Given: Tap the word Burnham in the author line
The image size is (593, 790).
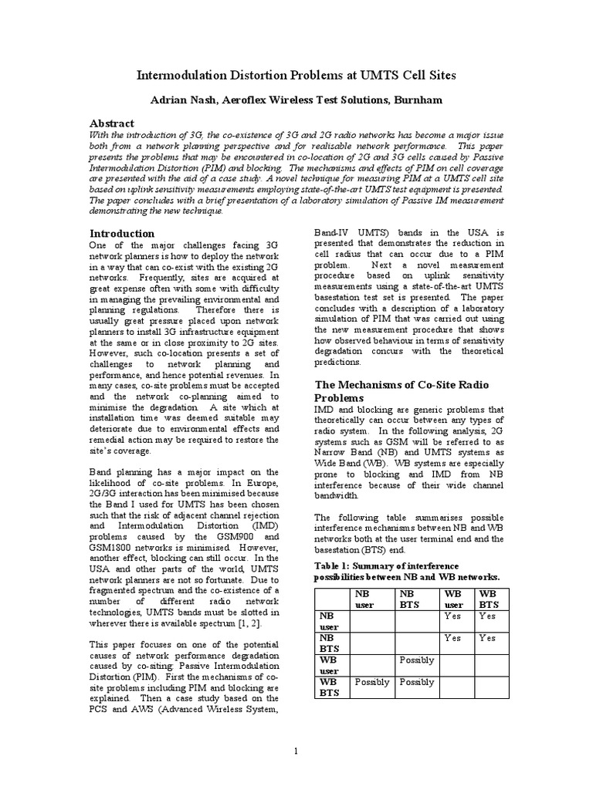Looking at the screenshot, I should click(419, 100).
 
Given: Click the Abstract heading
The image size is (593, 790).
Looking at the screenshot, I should click(112, 123).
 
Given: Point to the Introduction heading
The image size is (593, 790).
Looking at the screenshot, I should click(122, 233).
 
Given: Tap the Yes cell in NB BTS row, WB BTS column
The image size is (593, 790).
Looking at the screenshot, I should click(487, 638).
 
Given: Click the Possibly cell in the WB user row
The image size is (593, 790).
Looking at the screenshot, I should click(417, 660).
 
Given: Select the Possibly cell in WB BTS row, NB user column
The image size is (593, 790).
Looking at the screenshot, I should click(371, 683).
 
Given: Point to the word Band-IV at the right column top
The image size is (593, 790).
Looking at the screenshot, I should click(332, 233).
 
